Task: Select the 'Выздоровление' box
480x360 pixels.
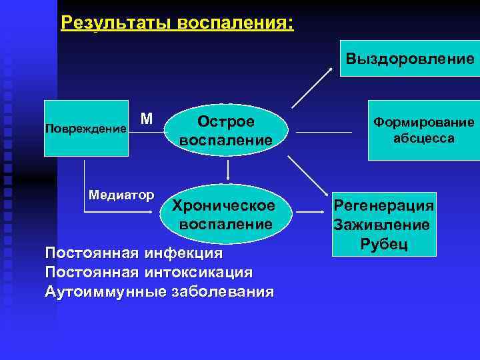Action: pyautogui.click(x=409, y=59)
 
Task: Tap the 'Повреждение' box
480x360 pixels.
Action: pyautogui.click(x=86, y=128)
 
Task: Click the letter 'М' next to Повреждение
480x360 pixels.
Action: pyautogui.click(x=147, y=119)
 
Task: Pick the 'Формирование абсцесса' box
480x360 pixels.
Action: pyautogui.click(x=423, y=130)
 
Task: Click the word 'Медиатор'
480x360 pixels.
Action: pyautogui.click(x=121, y=195)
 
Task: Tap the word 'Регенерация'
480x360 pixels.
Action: pyautogui.click(x=383, y=206)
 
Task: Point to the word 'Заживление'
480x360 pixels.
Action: pyautogui.click(x=382, y=225)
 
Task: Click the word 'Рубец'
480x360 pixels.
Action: pyautogui.click(x=383, y=244)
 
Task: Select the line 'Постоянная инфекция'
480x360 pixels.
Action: pyautogui.click(x=133, y=254)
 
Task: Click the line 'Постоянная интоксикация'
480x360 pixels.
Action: pyautogui.click(x=148, y=273)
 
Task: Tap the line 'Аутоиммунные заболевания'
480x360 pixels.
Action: pyautogui.click(x=159, y=292)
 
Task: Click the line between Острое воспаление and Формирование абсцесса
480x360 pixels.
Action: pyautogui.click(x=324, y=131)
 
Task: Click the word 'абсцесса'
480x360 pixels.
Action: pyautogui.click(x=423, y=139)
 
